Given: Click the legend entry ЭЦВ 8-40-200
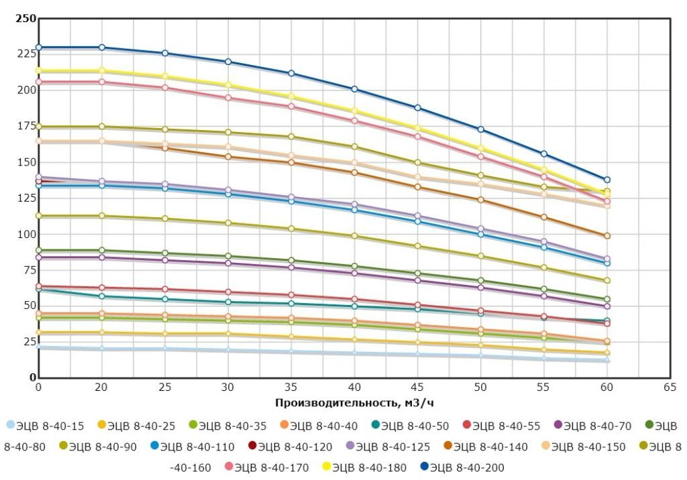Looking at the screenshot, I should (x=462, y=467).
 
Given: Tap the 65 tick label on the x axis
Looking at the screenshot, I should (x=669, y=387).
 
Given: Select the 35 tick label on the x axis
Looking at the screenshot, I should (x=291, y=387).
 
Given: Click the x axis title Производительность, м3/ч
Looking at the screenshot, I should (x=354, y=402).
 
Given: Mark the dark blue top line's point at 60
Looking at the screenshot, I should (x=607, y=180).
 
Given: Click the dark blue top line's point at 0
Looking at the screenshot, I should (x=39, y=48).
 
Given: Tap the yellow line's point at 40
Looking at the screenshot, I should (x=355, y=111).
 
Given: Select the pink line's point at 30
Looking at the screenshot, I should (x=228, y=98).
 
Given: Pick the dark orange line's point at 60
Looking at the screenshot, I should (x=607, y=236).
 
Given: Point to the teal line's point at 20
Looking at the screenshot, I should (x=102, y=296).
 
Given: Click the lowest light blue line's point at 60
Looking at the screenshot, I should (x=607, y=361).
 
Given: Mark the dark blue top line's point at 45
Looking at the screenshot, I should (x=417, y=108).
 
